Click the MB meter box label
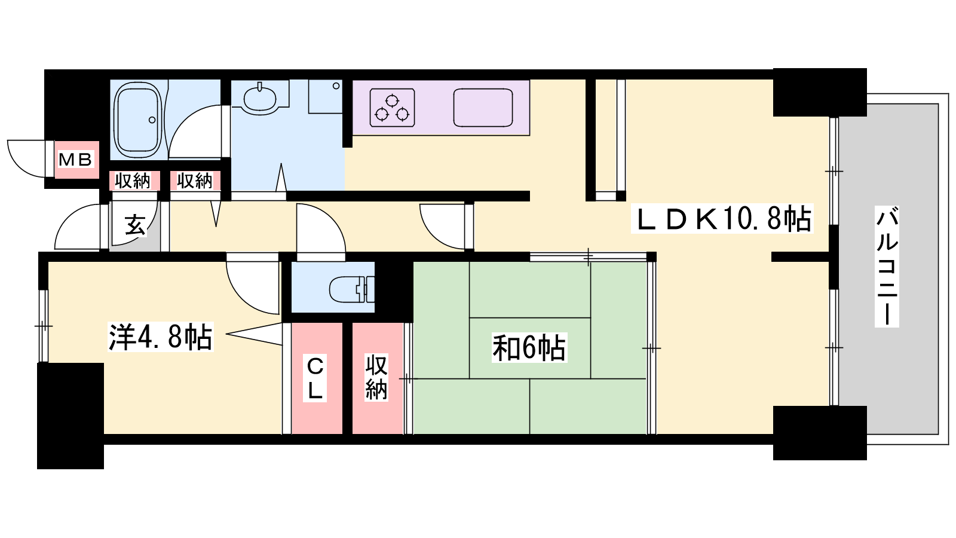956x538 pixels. pos(75,160)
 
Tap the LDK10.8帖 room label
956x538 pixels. pos(722,219)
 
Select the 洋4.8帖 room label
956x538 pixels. pos(161,337)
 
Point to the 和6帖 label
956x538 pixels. pos(529,348)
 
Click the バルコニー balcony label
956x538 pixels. pos(887,267)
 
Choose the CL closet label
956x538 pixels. pos(315,378)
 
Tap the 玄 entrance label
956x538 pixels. pos(135,225)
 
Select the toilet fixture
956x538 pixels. pos(352,289)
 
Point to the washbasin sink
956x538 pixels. pos(260,97)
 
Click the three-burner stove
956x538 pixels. pos(392,108)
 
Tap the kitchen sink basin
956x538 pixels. pos(483,108)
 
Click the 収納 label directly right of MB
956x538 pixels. pos(133,181)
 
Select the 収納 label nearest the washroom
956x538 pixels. pos(195,181)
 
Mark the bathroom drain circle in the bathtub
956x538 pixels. pos(152,120)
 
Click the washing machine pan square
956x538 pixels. pos(325,96)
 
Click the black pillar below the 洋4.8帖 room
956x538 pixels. pos(71,416)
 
